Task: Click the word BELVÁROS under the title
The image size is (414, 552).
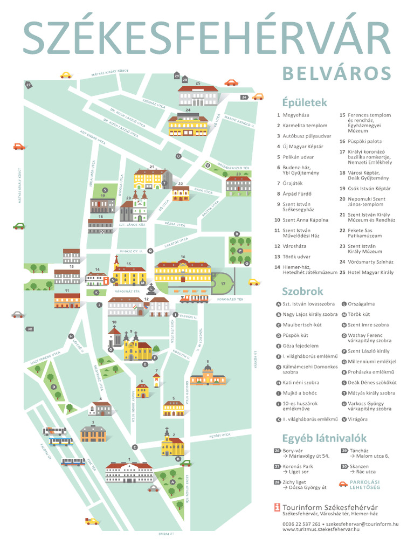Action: pyautogui.click(x=336, y=73)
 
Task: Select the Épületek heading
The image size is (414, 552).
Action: pyautogui.click(x=304, y=102)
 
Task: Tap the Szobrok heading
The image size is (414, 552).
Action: pyautogui.click(x=302, y=292)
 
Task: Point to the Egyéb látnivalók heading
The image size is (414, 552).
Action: pyautogui.click(x=324, y=437)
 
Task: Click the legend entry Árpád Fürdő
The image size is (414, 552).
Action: pyautogui.click(x=297, y=194)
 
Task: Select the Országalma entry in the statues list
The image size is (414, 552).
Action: pyautogui.click(x=361, y=304)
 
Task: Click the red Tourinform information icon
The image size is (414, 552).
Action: pyautogui.click(x=277, y=507)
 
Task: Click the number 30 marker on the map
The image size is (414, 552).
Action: pyautogui.click(x=30, y=329)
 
